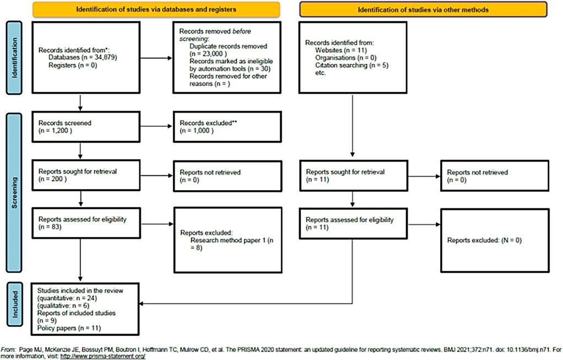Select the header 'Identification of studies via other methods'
pyautogui.click(x=424, y=9)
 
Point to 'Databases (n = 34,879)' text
pyautogui.click(x=82, y=57)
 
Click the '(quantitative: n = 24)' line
pyautogui.click(x=67, y=297)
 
